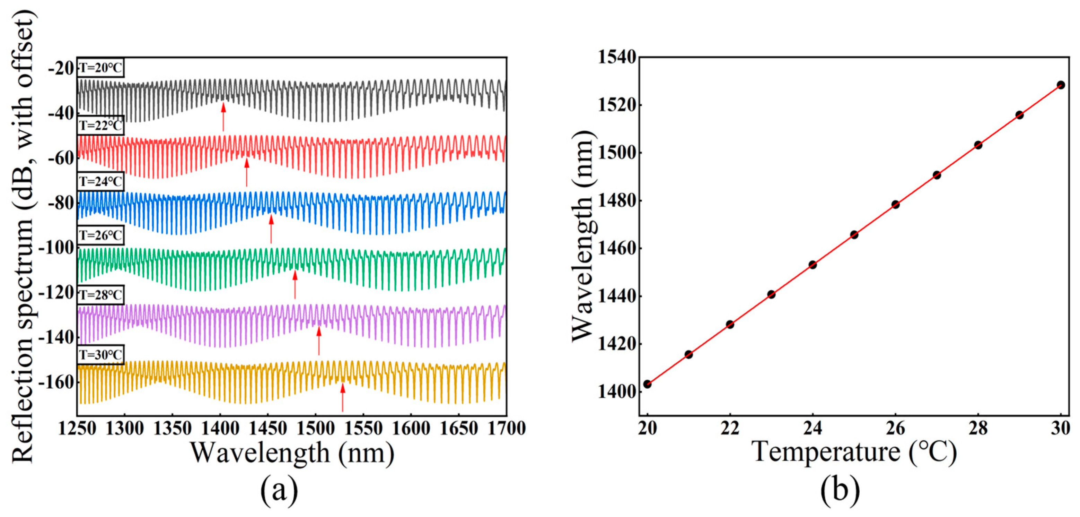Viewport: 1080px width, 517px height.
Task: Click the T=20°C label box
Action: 100,68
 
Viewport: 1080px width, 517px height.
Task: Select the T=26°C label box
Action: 100,235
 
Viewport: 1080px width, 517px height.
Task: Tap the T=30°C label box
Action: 100,355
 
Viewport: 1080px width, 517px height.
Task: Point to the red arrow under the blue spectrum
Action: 271,229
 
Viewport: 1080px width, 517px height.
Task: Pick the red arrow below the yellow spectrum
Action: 343,397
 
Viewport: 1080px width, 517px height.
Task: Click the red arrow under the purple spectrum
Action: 319,341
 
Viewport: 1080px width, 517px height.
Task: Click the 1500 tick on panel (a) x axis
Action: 315,429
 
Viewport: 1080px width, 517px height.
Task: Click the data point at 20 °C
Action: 647,384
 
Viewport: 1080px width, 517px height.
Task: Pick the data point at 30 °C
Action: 1061,85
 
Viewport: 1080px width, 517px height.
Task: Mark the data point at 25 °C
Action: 854,235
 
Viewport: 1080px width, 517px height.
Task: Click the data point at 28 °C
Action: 978,145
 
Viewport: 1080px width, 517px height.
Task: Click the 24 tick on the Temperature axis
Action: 813,429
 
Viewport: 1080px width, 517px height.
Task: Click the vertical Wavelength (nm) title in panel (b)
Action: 583,236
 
